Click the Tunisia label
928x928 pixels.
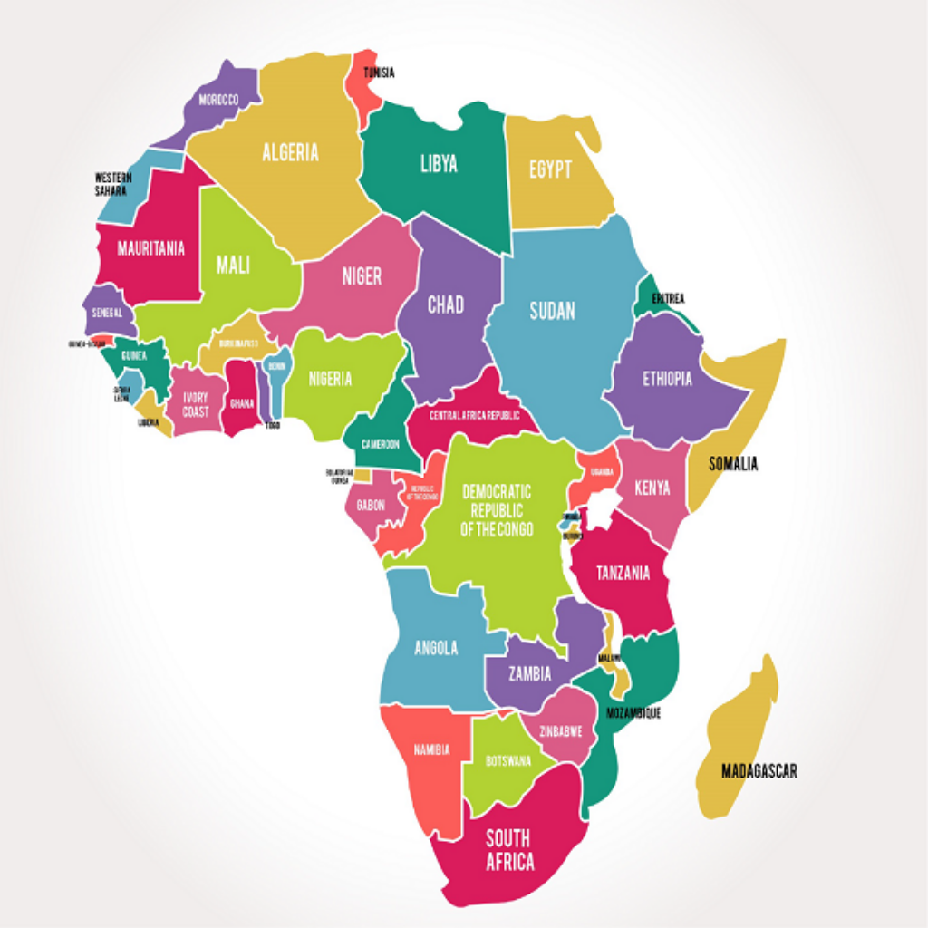click(x=379, y=72)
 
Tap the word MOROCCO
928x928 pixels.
click(x=218, y=99)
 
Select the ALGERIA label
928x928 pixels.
click(x=290, y=152)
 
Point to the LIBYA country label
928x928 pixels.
click(x=439, y=164)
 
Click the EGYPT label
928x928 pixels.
click(x=550, y=169)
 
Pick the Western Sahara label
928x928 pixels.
click(x=113, y=184)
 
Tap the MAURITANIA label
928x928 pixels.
click(x=151, y=248)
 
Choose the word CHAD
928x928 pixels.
click(x=445, y=304)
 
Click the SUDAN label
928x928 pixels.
click(x=552, y=311)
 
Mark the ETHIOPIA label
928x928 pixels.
click(x=667, y=379)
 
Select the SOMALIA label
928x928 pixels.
click(x=733, y=464)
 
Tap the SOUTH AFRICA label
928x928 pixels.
click(x=509, y=849)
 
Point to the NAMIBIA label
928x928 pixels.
click(x=431, y=750)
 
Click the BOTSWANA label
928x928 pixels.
click(x=507, y=761)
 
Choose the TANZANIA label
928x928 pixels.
click(x=622, y=573)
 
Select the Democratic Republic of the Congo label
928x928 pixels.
click(x=497, y=510)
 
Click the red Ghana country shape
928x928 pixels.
click(x=241, y=399)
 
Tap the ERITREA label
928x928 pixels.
click(x=668, y=298)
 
